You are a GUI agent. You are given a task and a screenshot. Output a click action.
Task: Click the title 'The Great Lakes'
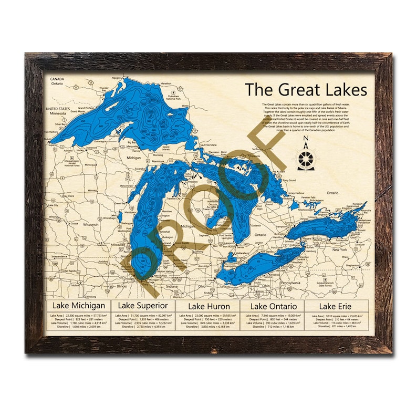click(306, 89)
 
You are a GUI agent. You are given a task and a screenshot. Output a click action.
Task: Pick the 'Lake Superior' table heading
click(142, 305)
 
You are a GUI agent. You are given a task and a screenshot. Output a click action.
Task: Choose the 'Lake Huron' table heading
click(207, 306)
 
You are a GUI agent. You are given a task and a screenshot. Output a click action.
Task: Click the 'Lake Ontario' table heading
click(273, 306)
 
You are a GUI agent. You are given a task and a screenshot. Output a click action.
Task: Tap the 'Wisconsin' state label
click(90, 224)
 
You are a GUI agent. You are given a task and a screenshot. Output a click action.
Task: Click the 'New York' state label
click(339, 249)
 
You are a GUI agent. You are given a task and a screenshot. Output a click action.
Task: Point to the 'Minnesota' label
click(58, 112)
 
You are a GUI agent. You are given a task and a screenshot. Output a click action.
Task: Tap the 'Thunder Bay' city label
click(103, 89)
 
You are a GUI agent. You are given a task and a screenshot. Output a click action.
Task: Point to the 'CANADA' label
click(57, 79)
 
